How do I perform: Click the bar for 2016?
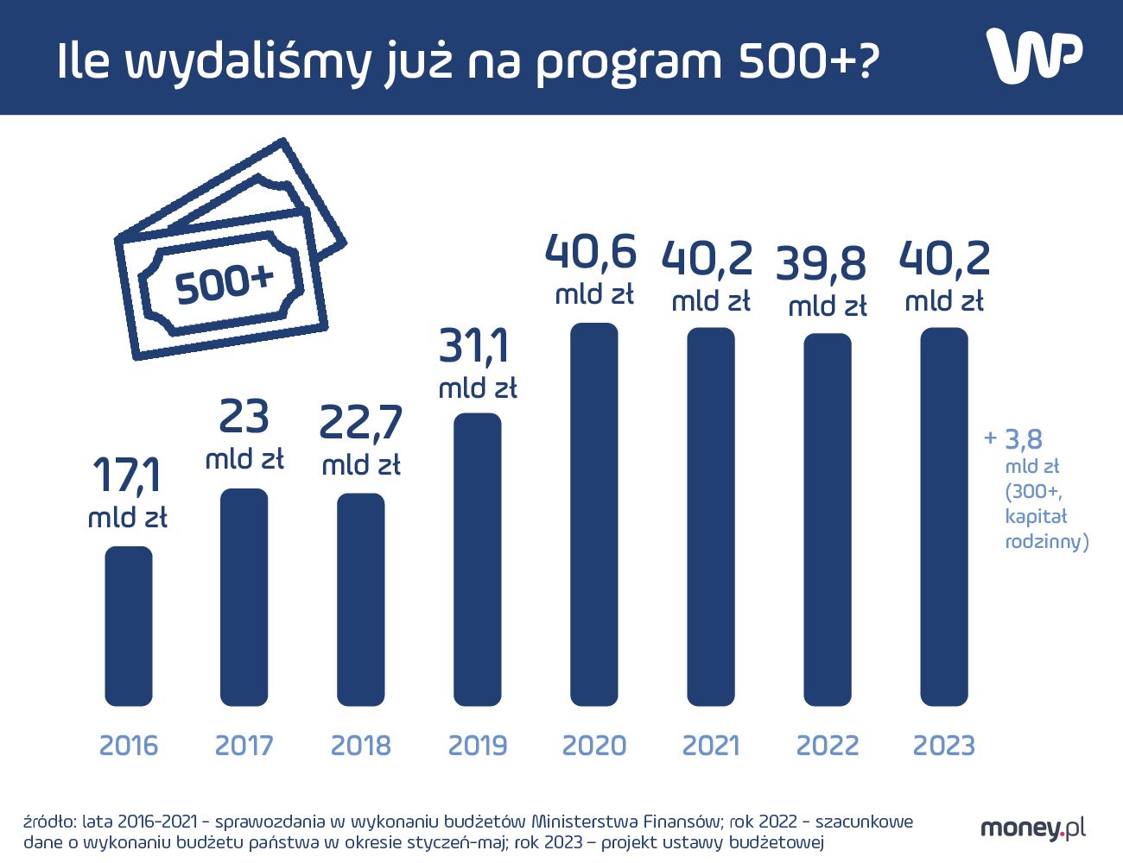tap(129, 626)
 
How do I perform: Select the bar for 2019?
tap(478, 559)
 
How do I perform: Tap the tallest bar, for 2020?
tap(594, 514)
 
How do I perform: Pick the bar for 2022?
tap(828, 520)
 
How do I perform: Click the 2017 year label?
tap(244, 745)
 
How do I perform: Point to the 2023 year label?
tap(943, 745)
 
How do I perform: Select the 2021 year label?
tap(711, 745)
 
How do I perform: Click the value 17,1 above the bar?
tap(127, 475)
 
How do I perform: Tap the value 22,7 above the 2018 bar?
tap(361, 422)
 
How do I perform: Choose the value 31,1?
tap(475, 346)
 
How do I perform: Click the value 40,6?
tap(591, 252)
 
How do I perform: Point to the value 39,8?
tap(821, 263)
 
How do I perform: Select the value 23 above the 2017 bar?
tap(244, 417)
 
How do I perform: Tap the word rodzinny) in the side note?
tap(1046, 541)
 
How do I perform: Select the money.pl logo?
tap(1033, 828)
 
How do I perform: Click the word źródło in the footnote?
tap(49, 821)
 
